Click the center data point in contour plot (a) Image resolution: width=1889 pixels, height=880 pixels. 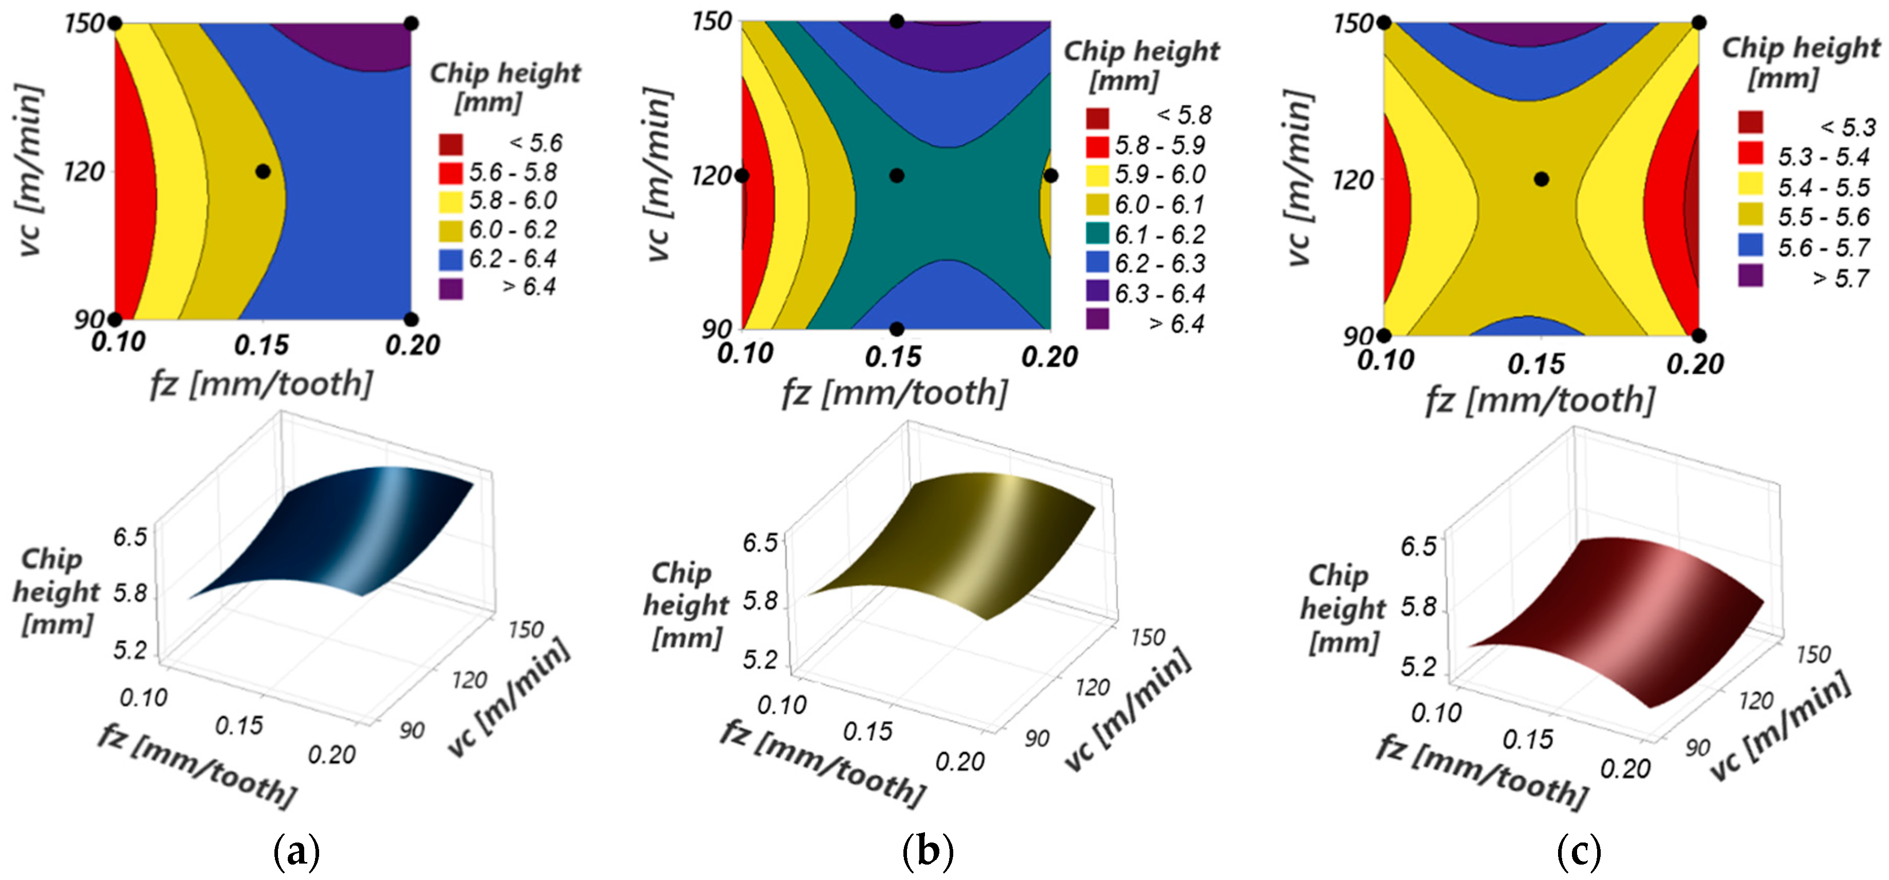pos(263,171)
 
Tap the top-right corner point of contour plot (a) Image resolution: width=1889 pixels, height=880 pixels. pos(412,24)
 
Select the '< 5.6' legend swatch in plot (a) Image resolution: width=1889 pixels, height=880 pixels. pos(451,144)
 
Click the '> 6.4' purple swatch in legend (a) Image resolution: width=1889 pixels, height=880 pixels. pos(451,288)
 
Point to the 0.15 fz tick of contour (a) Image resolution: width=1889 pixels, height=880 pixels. pos(261,345)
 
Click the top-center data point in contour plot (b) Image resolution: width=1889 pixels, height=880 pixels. pos(897,21)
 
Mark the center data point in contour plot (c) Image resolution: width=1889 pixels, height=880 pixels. pos(1542,179)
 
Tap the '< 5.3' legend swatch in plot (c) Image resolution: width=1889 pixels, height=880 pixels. pos(1750,122)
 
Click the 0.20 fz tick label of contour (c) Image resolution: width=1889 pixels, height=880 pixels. pos(1695,364)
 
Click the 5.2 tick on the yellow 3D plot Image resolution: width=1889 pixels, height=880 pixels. pos(760,660)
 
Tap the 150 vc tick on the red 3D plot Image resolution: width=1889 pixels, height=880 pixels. pos(1813,654)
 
